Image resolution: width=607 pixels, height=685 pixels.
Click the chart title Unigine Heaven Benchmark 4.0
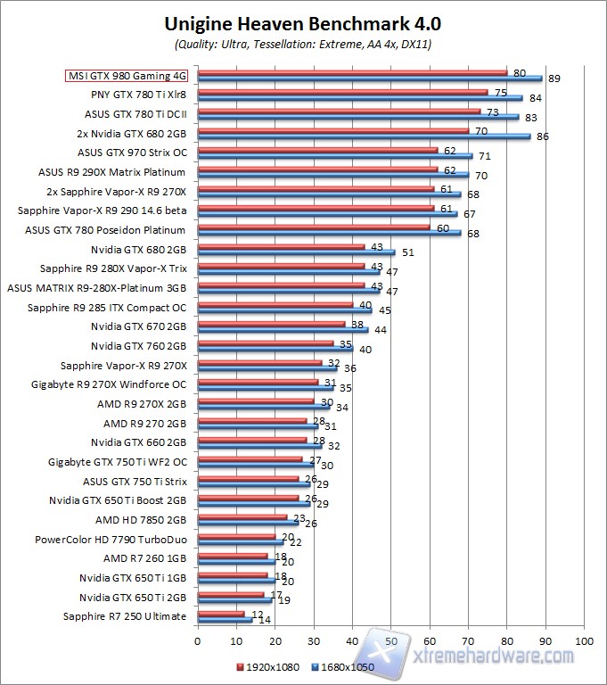pyautogui.click(x=303, y=23)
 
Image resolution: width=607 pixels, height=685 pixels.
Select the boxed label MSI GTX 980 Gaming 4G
pyautogui.click(x=126, y=77)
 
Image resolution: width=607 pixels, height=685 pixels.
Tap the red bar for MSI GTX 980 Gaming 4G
pyautogui.click(x=352, y=73)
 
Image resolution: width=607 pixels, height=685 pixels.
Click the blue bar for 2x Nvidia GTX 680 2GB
pyautogui.click(x=364, y=136)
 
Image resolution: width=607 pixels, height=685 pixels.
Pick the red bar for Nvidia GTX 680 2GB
pyautogui.click(x=281, y=247)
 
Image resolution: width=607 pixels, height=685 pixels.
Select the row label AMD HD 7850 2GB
pyautogui.click(x=141, y=520)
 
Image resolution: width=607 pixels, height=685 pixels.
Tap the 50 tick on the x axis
pyautogui.click(x=391, y=640)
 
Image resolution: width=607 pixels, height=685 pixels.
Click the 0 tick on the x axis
pyautogui.click(x=198, y=640)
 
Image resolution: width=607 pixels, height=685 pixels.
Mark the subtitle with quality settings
pyautogui.click(x=303, y=44)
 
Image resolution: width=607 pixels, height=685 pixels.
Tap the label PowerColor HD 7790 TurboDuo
pyautogui.click(x=111, y=540)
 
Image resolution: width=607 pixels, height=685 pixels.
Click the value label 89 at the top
pyautogui.click(x=554, y=79)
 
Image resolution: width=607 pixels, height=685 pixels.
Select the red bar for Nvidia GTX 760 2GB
pyautogui.click(x=266, y=343)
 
